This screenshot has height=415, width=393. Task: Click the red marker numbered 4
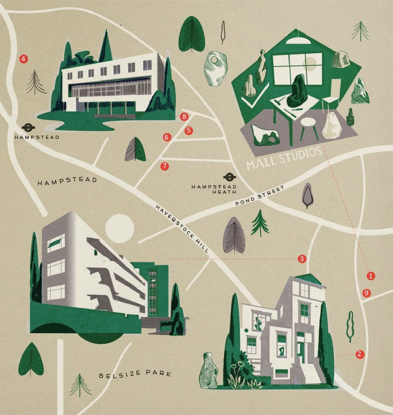24,59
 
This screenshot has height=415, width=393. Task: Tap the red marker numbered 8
185,117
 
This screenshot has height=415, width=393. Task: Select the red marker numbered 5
189,130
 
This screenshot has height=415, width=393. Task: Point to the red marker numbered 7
165,166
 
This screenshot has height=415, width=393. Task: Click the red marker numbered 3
302,259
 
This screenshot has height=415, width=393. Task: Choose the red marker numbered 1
371,275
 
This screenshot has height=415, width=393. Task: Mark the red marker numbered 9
366,293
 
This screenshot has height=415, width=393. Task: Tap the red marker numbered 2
359,354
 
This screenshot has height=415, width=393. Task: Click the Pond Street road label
260,197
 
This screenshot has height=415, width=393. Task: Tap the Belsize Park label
135,374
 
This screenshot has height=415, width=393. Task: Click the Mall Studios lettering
284,158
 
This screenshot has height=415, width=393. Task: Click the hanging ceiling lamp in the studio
296,39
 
